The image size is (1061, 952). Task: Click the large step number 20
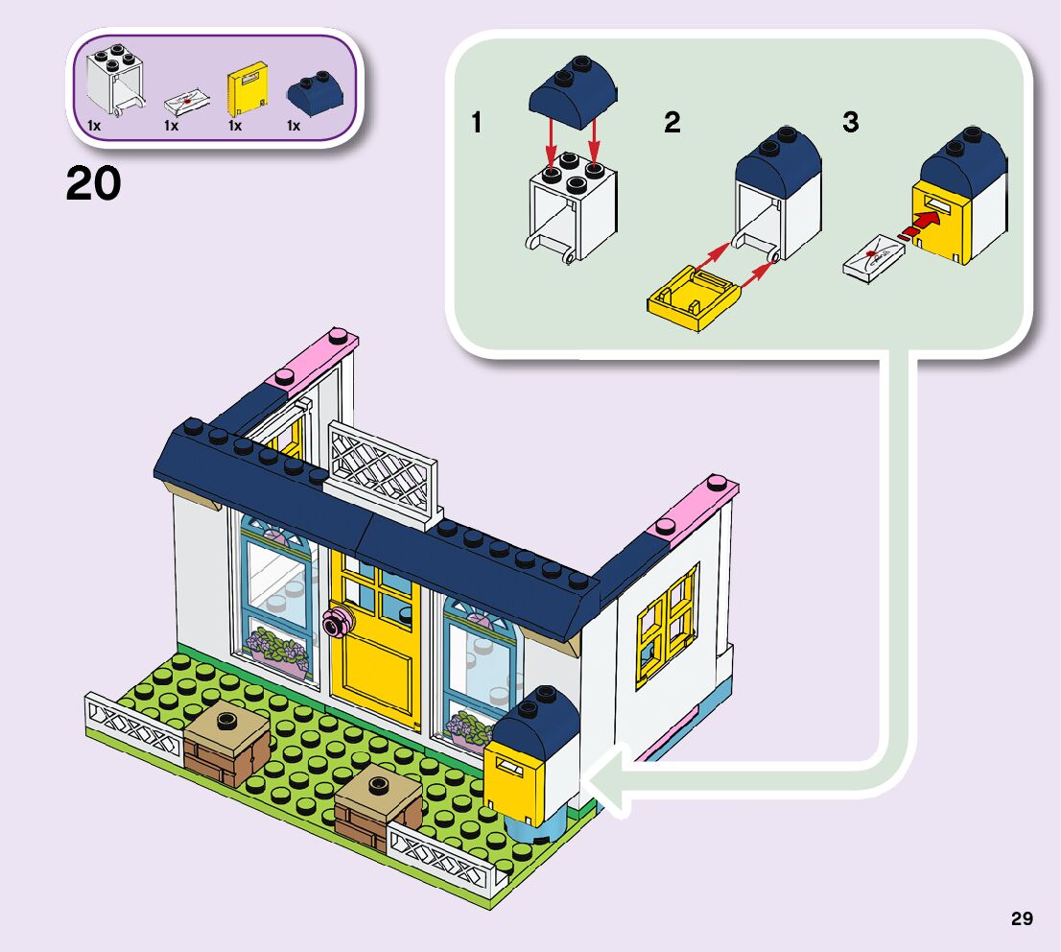[x=93, y=183]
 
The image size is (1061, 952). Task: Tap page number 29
[x=1022, y=918]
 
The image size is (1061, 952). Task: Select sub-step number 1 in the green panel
[x=477, y=124]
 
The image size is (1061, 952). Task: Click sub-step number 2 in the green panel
[x=672, y=124]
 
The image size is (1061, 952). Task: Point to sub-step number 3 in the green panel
[x=851, y=124]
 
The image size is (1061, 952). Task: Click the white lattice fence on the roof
[x=381, y=469]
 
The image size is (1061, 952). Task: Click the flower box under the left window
[x=276, y=649]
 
